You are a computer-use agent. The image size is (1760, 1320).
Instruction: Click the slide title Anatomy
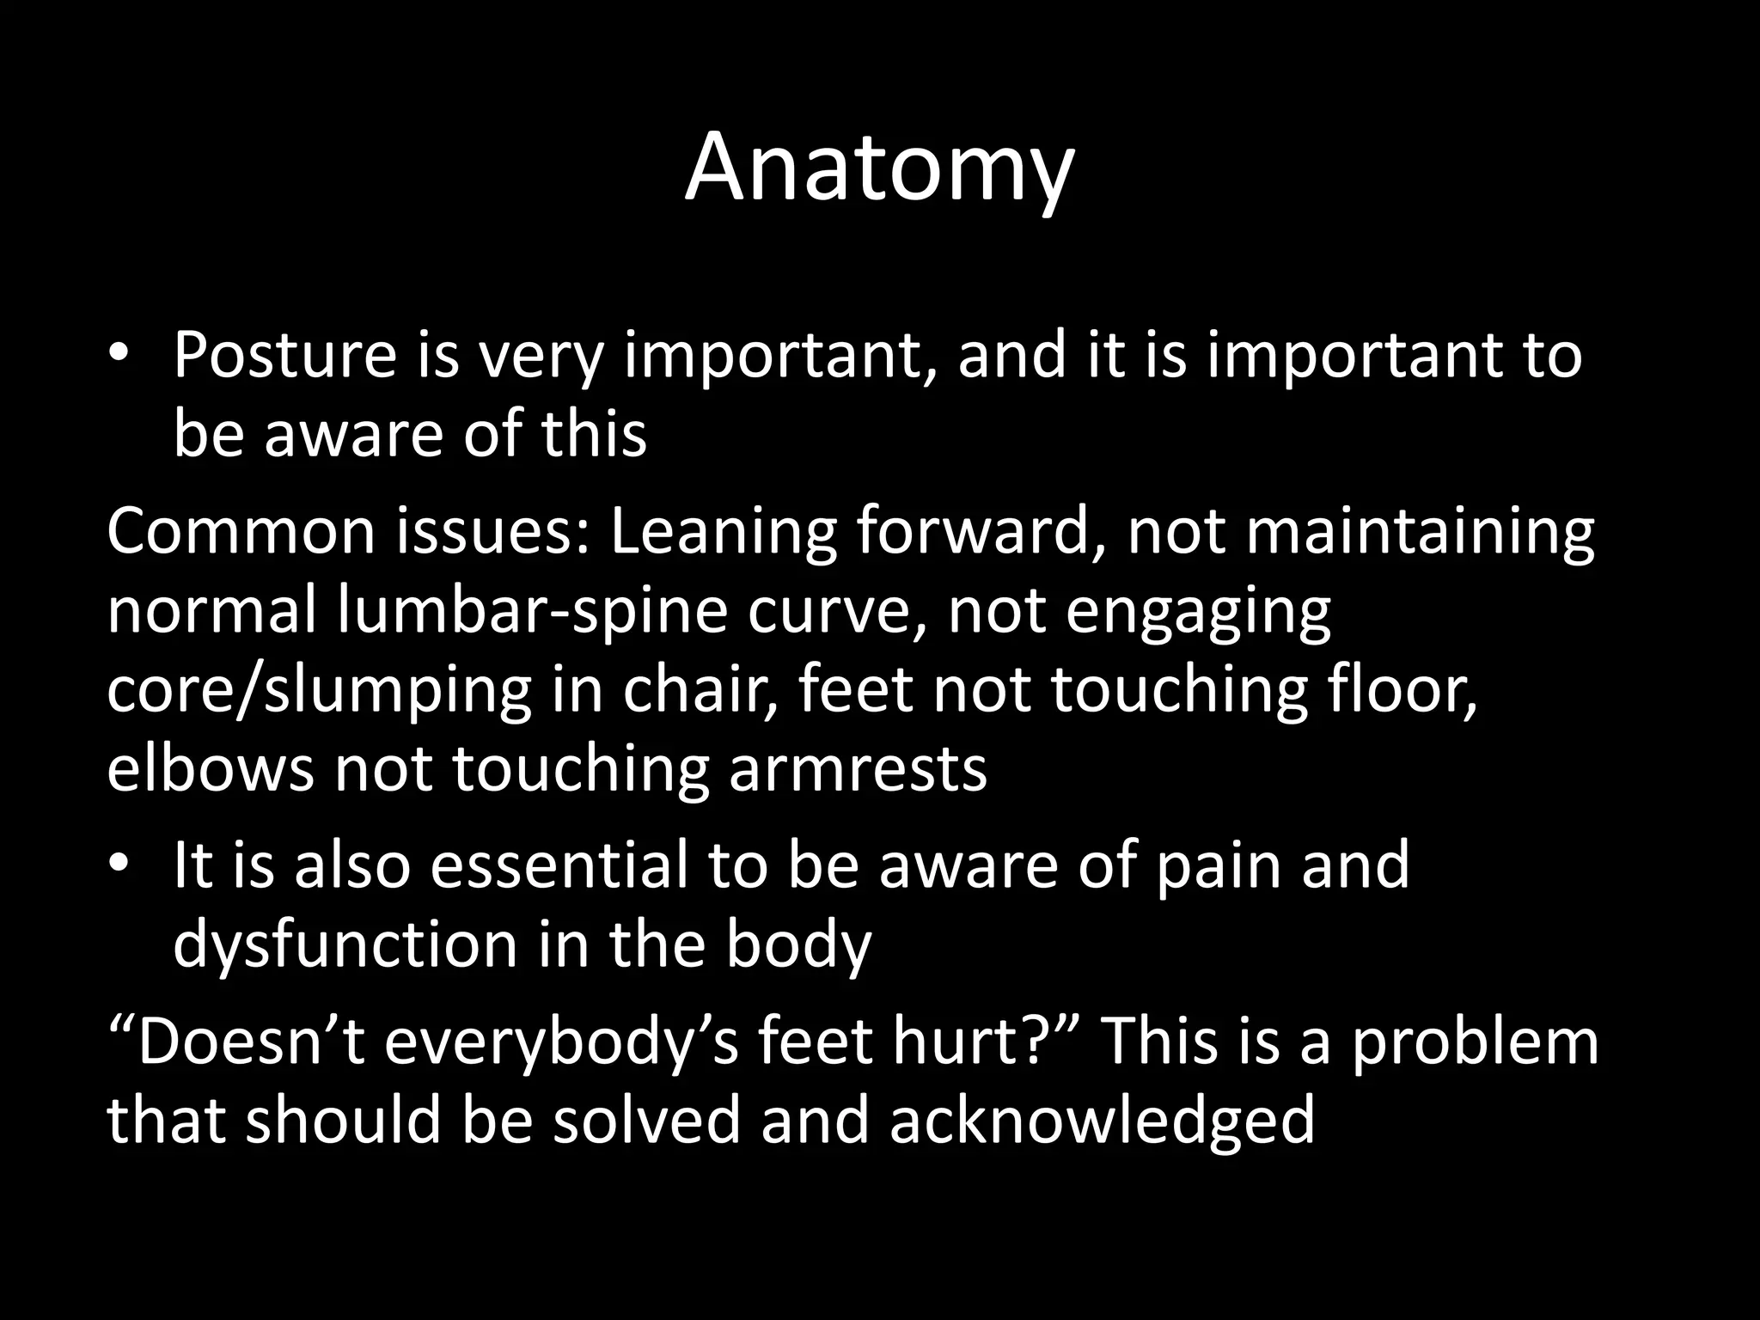(x=879, y=169)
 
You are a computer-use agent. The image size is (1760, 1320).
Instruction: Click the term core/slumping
(x=319, y=693)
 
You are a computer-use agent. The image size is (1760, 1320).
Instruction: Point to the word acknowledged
(x=1102, y=1122)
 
